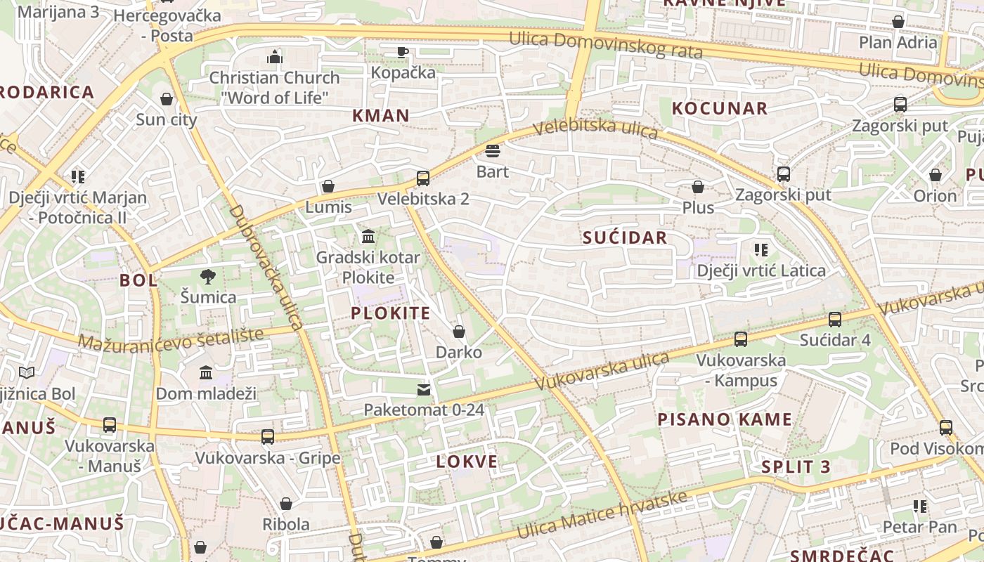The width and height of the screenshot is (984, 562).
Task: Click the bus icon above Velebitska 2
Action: click(422, 178)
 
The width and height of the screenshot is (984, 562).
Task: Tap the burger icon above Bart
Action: click(492, 150)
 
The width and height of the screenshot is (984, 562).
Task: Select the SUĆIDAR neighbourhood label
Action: click(625, 237)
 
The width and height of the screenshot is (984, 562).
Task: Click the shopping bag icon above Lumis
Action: click(328, 186)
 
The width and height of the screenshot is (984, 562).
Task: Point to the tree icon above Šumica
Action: click(207, 276)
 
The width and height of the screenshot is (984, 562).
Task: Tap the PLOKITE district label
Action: click(390, 313)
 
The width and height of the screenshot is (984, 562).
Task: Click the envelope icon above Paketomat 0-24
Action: click(424, 389)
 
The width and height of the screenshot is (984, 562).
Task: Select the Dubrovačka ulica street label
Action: click(266, 268)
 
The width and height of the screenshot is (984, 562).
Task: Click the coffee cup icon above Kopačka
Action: click(403, 51)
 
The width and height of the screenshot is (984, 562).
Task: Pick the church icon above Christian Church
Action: click(275, 56)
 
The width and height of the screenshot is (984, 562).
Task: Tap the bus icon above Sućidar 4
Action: click(835, 319)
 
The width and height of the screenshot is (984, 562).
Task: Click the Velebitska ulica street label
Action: click(595, 129)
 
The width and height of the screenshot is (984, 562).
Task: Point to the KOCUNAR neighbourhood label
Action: click(720, 108)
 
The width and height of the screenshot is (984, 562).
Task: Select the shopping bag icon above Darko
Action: click(459, 331)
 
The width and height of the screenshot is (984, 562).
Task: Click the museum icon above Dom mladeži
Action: click(206, 372)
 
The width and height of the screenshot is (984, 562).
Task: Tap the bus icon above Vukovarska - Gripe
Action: click(267, 437)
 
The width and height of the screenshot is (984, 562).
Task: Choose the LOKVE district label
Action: click(467, 462)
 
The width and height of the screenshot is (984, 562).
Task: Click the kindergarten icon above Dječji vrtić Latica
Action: click(760, 249)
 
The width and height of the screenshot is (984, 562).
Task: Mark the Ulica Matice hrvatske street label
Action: click(602, 516)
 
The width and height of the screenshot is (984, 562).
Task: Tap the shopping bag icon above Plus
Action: click(698, 187)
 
